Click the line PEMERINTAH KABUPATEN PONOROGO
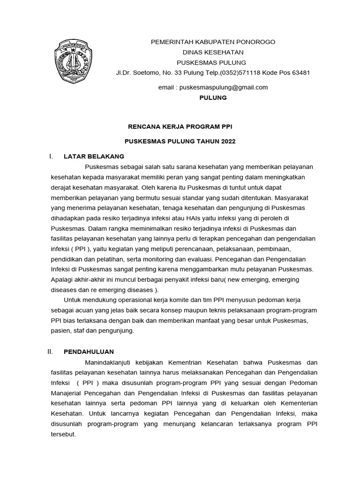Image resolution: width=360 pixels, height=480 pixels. coord(213,42)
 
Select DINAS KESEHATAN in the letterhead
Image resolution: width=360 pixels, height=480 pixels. coord(213,52)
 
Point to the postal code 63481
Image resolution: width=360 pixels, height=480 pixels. coord(300,73)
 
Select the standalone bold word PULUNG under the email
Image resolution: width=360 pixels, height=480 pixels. coord(213,97)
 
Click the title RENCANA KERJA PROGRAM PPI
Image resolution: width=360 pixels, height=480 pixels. coord(180,127)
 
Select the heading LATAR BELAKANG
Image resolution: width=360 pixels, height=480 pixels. coord(94,156)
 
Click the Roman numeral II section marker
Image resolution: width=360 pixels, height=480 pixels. coord(53,352)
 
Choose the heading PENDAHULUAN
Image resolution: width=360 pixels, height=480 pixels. coord(89,352)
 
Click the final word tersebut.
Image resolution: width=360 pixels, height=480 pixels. coord(62,434)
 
